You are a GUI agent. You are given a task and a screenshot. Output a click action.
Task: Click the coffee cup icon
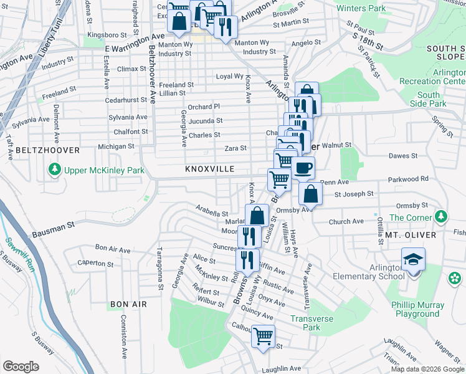pyautogui.click(x=303, y=168)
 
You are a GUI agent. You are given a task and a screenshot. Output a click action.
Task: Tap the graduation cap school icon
pyautogui.click(x=413, y=259)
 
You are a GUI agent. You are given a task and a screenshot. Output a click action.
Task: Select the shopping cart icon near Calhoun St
pyautogui.click(x=263, y=337)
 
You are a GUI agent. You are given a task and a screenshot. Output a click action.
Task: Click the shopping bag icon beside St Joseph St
pyautogui.click(x=310, y=194)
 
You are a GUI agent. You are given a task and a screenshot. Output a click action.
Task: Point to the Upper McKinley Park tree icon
pyautogui.click(x=55, y=170)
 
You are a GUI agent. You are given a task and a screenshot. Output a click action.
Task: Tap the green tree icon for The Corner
pyautogui.click(x=441, y=217)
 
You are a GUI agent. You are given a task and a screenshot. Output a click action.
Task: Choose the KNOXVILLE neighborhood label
pyautogui.click(x=209, y=169)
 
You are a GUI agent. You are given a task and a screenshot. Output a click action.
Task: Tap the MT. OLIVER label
pyautogui.click(x=409, y=234)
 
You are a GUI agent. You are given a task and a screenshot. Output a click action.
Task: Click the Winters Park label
pyautogui.click(x=361, y=9)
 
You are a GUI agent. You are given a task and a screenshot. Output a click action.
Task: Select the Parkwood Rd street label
pyautogui.click(x=407, y=179)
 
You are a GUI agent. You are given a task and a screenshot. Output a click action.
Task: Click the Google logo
pyautogui.click(x=21, y=367)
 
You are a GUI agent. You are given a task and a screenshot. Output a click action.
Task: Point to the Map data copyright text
pyautogui.click(x=427, y=368)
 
